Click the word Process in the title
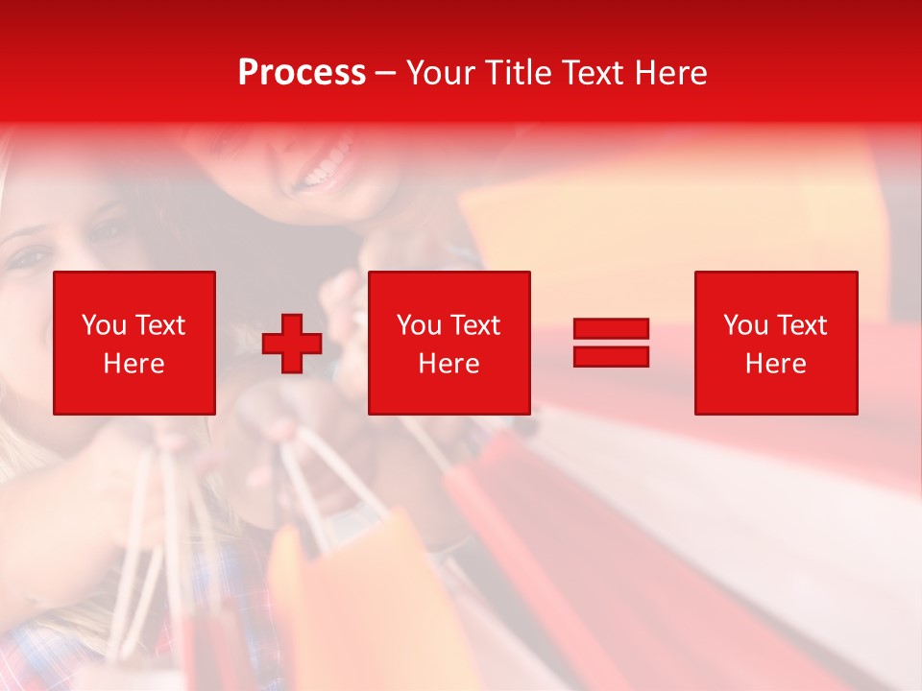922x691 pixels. pyautogui.click(x=302, y=73)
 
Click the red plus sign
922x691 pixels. pyautogui.click(x=292, y=343)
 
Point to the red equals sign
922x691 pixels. pyautogui.click(x=611, y=343)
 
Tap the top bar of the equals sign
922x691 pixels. pyautogui.click(x=611, y=329)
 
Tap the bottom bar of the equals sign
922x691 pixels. pyautogui.click(x=611, y=356)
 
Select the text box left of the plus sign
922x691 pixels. pyautogui.click(x=134, y=343)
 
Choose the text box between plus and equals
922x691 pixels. pyautogui.click(x=449, y=343)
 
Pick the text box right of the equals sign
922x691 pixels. pyautogui.click(x=776, y=343)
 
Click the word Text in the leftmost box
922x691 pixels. pyautogui.click(x=159, y=325)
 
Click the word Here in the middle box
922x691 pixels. pyautogui.click(x=449, y=364)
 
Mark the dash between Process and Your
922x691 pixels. pyautogui.click(x=386, y=74)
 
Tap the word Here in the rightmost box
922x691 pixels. pyautogui.click(x=776, y=364)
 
